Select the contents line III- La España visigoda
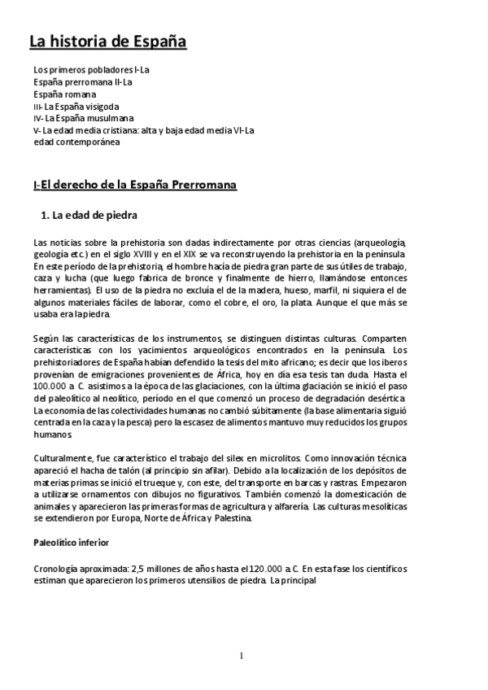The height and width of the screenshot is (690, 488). click(x=76, y=106)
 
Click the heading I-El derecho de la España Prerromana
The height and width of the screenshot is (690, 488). click(x=135, y=186)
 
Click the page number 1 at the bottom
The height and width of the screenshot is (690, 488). click(x=242, y=656)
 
